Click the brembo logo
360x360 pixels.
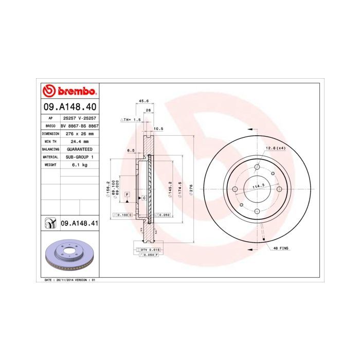tap(69, 91)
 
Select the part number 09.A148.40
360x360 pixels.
tap(69, 107)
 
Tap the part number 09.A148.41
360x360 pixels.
tap(79, 223)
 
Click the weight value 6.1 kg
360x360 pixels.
tap(79, 165)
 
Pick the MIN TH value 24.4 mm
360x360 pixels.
tap(79, 141)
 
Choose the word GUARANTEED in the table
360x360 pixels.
tap(79, 149)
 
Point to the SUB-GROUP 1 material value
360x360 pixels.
tap(79, 156)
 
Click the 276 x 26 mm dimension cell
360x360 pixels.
tap(79, 133)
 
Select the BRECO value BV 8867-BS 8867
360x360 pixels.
tap(79, 125)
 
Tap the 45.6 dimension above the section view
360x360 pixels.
tap(145, 101)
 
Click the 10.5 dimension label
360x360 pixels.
tap(158, 129)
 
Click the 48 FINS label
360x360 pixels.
tap(281, 248)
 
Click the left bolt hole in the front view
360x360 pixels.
tap(235, 189)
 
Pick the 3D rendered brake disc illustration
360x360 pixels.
tap(69, 256)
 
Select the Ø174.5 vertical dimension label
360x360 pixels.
tap(179, 189)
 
